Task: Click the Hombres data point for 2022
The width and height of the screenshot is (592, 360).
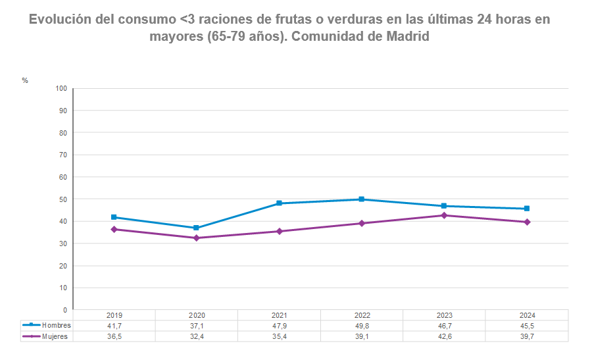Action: (x=361, y=199)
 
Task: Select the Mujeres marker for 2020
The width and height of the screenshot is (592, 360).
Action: (x=196, y=238)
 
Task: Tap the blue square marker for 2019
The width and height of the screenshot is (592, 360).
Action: (x=114, y=217)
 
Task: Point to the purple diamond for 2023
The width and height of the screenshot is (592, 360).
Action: (x=444, y=215)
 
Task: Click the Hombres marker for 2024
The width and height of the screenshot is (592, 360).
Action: (x=526, y=209)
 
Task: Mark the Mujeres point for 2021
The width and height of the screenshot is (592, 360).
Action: (x=279, y=231)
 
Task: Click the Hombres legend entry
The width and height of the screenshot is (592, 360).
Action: (x=47, y=326)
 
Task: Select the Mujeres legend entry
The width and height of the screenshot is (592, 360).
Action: (x=47, y=336)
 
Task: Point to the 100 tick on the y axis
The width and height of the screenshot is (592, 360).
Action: (x=61, y=88)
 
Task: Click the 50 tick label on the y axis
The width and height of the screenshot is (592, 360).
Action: (x=62, y=199)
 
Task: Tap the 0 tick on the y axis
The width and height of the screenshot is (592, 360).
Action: (x=64, y=310)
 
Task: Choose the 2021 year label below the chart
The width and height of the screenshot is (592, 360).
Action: (x=279, y=315)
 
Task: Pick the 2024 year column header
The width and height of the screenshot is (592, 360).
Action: (x=526, y=315)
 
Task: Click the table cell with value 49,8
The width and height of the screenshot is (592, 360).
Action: (x=361, y=326)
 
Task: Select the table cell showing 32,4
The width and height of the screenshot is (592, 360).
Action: (x=196, y=336)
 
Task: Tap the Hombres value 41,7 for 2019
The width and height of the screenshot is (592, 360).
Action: (x=114, y=326)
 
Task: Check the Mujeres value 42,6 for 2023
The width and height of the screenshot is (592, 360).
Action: (x=444, y=336)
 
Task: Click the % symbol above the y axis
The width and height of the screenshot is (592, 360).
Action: (x=25, y=80)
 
